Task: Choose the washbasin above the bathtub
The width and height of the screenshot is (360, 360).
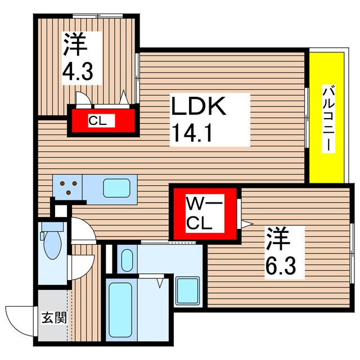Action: pyautogui.click(x=127, y=259)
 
